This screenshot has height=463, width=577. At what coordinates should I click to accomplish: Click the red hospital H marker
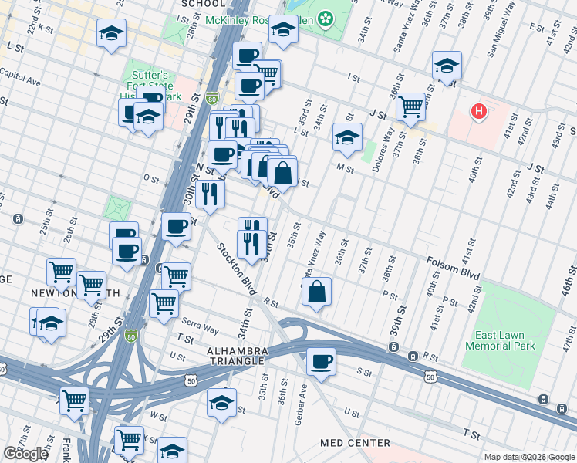click(x=480, y=113)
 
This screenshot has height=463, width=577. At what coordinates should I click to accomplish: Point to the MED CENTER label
click(x=356, y=443)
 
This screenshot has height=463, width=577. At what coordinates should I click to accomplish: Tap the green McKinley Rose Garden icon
click(x=326, y=16)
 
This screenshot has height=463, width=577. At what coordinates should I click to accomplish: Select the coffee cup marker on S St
click(x=321, y=360)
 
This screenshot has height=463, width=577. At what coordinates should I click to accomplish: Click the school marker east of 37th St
click(x=447, y=66)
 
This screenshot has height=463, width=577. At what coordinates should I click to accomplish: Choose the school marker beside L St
click(x=347, y=137)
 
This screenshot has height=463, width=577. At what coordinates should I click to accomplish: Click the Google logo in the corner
click(x=25, y=454)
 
